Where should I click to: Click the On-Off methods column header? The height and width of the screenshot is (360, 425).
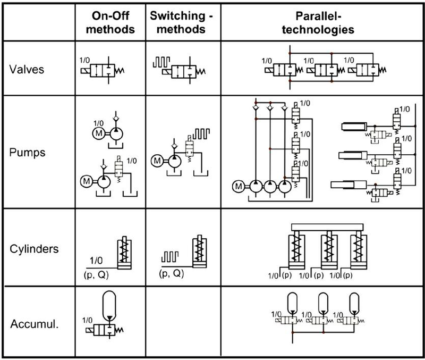tap(110, 22)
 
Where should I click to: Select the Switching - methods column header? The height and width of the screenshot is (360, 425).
tap(181, 22)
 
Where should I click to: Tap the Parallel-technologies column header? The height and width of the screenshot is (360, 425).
tap(318, 23)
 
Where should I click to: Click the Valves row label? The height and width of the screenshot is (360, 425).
tap(27, 69)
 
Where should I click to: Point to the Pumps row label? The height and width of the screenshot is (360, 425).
tap(27, 153)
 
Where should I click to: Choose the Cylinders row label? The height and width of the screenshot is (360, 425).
tap(34, 249)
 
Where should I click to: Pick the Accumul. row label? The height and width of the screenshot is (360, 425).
tap(35, 324)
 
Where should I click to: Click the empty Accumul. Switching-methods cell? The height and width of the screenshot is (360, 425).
tap(183, 321)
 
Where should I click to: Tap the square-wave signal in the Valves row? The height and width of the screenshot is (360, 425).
tap(161, 62)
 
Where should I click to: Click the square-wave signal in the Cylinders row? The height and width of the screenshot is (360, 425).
tap(170, 257)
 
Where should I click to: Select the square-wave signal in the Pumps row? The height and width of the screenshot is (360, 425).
tap(201, 134)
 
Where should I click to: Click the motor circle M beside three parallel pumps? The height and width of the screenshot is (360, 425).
tap(239, 186)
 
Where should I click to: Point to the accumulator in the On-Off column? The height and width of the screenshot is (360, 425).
tap(109, 306)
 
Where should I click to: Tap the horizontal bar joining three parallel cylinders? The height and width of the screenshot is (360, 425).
tap(327, 228)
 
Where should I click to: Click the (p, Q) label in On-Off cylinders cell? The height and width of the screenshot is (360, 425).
tap(96, 275)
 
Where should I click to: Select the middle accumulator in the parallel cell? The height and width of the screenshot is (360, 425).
tap(323, 303)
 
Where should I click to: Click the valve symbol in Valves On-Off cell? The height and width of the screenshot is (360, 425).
tap(103, 71)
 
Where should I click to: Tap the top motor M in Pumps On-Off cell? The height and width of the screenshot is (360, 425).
tap(99, 133)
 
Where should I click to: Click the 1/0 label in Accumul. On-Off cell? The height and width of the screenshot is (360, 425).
tap(87, 320)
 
